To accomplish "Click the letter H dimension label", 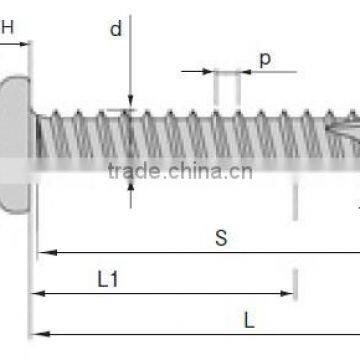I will [x=7, y=28].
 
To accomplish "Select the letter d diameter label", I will [x=116, y=29].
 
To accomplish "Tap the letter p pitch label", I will [x=264, y=58].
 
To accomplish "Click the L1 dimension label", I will [x=109, y=281].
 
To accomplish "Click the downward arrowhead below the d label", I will [x=131, y=102].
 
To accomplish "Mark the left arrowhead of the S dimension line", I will [x=44, y=252].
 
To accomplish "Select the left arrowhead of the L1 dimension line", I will [x=38, y=293].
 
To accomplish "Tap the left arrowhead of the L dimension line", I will [x=38, y=333].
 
